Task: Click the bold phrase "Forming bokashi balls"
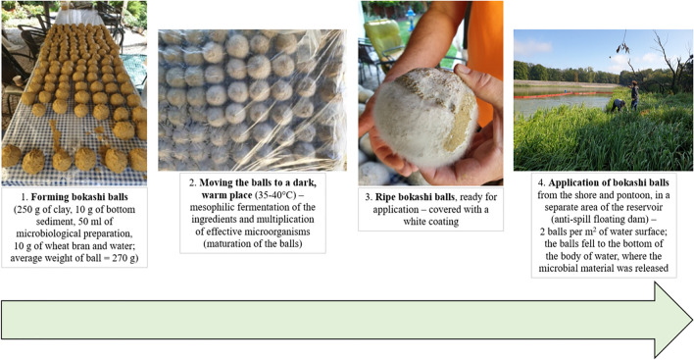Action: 79,197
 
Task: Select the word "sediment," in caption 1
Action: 37,222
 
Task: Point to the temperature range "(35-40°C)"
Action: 274,195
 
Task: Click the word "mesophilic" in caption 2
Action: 212,207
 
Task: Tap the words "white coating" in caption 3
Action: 430,222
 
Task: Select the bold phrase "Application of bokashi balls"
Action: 609,182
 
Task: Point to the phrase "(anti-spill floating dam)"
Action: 603,219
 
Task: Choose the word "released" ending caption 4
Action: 650,268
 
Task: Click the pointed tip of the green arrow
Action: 692,320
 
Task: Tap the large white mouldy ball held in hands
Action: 424,119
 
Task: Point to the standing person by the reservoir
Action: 634,95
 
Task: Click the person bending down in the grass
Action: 619,105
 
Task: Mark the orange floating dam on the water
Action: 563,95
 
